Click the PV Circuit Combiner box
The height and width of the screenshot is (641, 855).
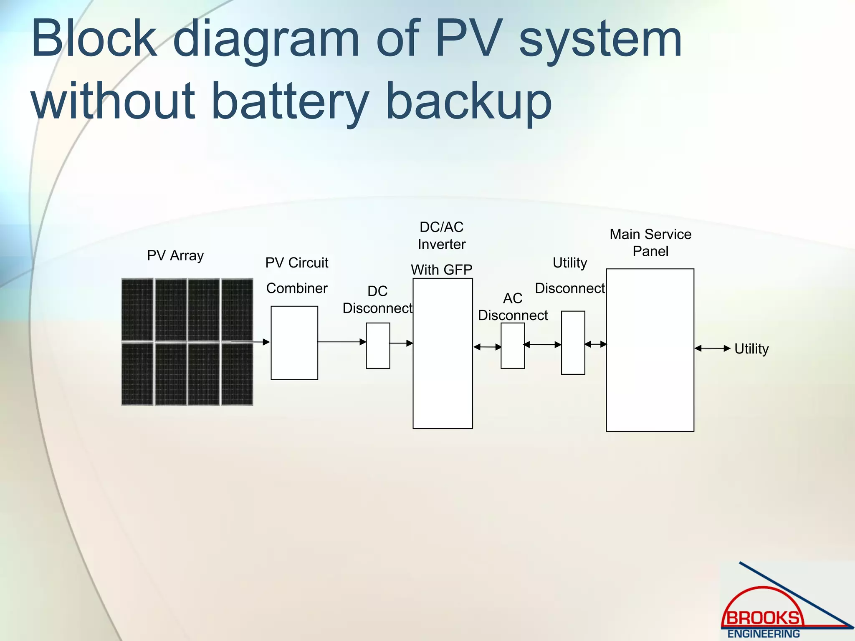tap(294, 343)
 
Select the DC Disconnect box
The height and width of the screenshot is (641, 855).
tap(378, 346)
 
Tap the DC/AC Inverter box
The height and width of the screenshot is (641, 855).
tap(443, 353)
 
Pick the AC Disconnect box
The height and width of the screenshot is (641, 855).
tap(513, 346)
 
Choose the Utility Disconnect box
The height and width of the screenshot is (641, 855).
tap(573, 343)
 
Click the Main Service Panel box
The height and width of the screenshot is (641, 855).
tap(650, 350)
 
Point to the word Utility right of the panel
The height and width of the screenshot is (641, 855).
tap(751, 348)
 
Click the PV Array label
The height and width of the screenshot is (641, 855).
tap(175, 255)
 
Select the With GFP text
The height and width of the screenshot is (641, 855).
tap(442, 270)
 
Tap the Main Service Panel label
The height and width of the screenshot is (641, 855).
tap(650, 242)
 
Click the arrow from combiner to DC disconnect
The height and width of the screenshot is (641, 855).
tap(341, 342)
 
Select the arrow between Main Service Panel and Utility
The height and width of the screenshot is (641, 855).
tap(713, 348)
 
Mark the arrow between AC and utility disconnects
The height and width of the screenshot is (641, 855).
tap(542, 344)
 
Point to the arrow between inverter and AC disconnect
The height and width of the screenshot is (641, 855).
tap(487, 347)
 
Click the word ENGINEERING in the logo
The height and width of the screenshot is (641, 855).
tap(764, 633)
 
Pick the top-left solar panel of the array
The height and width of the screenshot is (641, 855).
tap(137, 310)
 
